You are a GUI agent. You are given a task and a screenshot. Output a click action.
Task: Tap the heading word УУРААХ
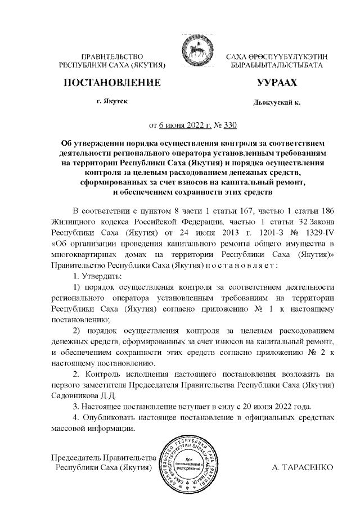[x=276, y=83]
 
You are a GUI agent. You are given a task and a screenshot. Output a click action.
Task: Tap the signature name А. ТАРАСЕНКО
[x=302, y=467]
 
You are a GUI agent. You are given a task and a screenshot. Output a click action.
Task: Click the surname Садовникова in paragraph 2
[x=74, y=395]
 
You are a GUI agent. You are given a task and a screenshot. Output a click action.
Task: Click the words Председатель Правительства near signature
[x=103, y=456]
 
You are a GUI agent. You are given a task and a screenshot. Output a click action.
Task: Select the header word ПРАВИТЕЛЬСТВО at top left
[x=112, y=57]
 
